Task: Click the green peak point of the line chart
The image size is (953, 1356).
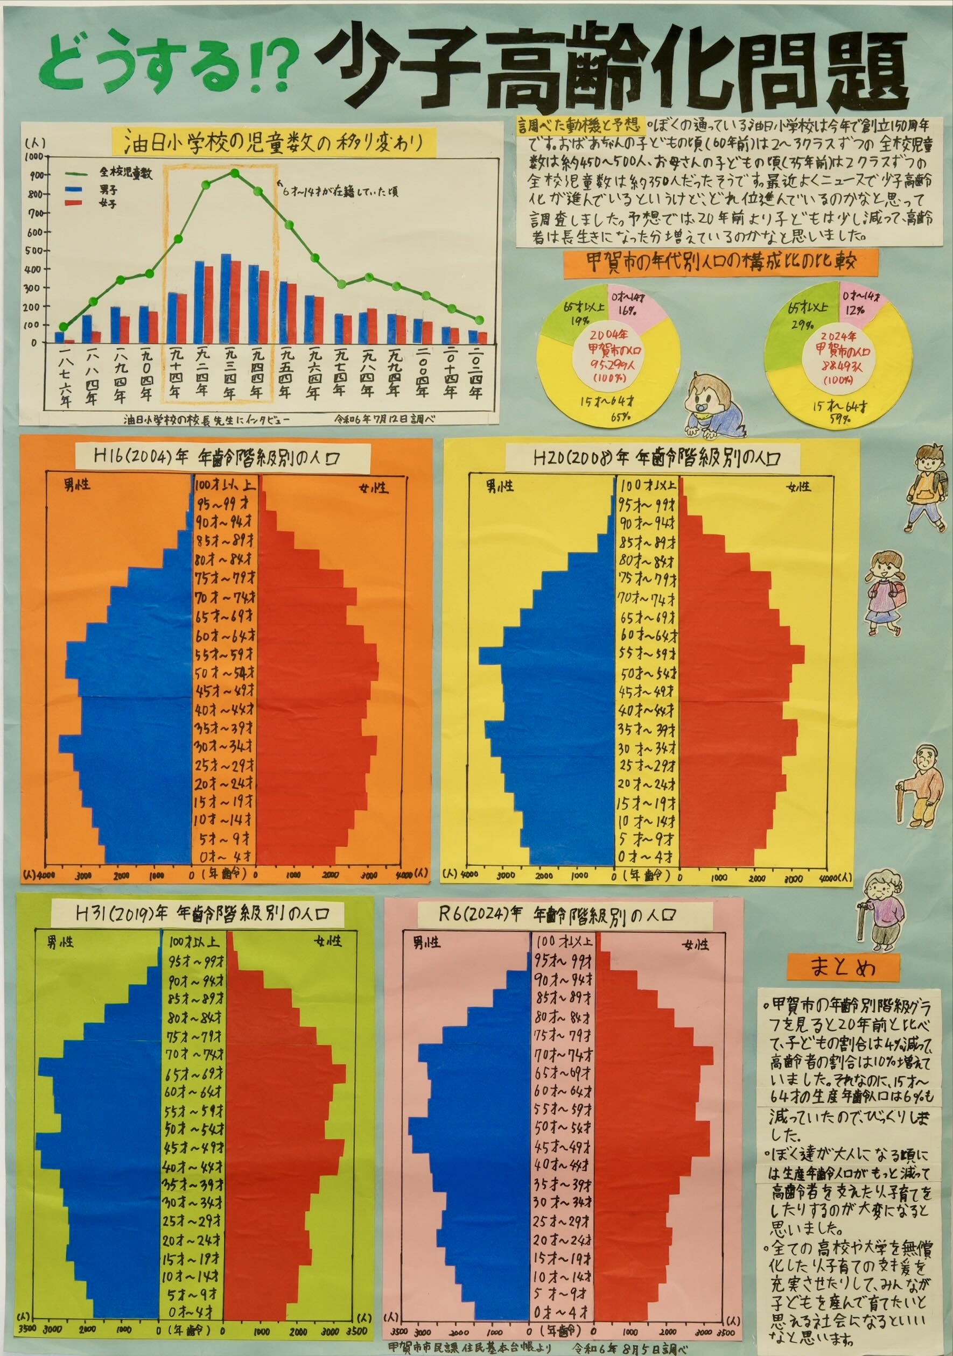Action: pos(235,173)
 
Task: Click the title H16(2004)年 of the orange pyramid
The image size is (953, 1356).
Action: pos(223,457)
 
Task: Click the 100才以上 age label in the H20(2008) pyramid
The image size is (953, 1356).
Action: pos(648,485)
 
